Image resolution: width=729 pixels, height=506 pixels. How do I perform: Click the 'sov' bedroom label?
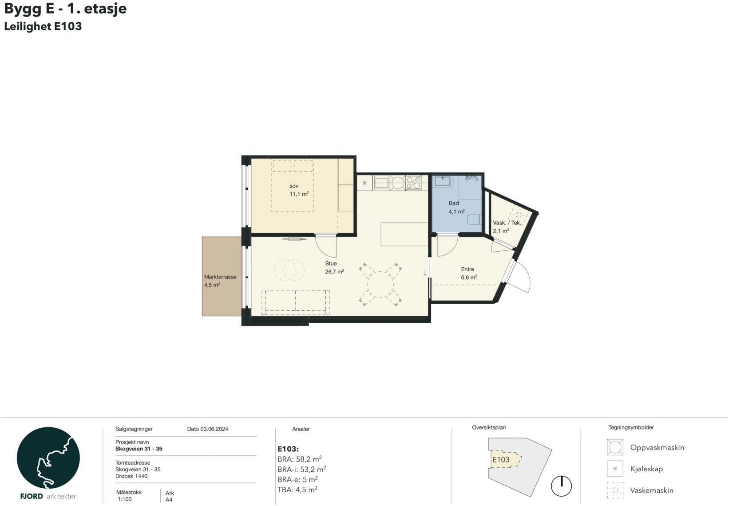point(293,186)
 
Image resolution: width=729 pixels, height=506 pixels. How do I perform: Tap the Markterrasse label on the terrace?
point(220,277)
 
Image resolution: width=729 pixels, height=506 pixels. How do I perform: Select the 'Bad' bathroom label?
point(454,203)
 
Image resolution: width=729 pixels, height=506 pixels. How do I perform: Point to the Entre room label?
point(468,269)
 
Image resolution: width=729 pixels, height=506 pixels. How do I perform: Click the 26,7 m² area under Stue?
point(335,272)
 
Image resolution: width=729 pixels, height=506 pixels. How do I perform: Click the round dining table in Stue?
point(380,284)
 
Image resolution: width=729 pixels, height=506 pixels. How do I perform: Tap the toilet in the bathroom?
point(474,219)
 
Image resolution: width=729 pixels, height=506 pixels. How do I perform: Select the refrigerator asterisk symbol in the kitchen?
point(364,183)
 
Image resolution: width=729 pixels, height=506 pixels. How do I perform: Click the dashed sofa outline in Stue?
point(295,302)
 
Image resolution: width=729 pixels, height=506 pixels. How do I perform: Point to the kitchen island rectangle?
point(404,234)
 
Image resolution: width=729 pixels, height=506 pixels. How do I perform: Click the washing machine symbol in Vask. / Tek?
point(519,215)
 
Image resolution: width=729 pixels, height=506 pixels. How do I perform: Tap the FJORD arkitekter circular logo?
point(48,458)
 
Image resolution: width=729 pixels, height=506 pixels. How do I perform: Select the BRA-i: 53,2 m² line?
point(302,469)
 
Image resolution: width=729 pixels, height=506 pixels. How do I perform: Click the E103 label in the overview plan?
point(500,460)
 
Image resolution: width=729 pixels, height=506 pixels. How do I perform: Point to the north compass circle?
point(561,486)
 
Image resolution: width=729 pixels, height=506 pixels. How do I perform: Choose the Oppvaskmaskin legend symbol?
point(615,447)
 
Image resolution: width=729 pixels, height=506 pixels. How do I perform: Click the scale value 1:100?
point(125,499)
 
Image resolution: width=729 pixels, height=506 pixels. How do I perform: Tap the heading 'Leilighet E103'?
point(43,26)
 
